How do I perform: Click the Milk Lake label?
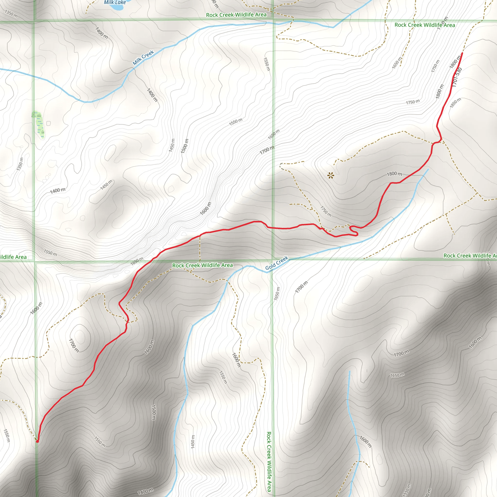click(x=115, y=2)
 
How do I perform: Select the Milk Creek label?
click(x=143, y=58)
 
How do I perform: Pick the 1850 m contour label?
click(x=455, y=103)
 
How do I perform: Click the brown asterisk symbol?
click(x=331, y=176)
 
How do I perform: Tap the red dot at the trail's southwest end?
click(x=37, y=441)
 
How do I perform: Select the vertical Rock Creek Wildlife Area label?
click(x=269, y=462)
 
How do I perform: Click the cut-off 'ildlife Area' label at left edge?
click(x=13, y=257)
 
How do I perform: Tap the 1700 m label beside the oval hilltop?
click(x=74, y=346)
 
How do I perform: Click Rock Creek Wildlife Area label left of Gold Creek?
click(x=202, y=265)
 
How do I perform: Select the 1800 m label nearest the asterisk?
click(x=394, y=174)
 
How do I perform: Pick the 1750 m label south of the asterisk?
click(x=326, y=211)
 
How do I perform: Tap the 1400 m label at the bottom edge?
click(x=145, y=491)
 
